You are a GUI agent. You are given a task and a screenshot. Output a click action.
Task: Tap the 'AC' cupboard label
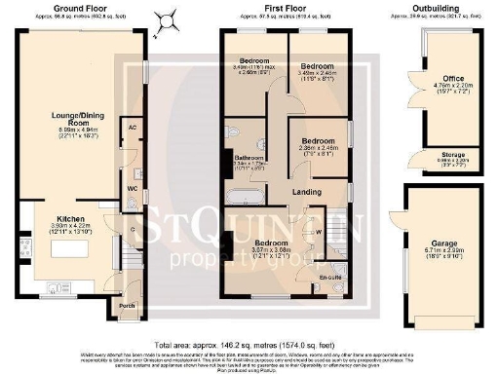tap(131, 128)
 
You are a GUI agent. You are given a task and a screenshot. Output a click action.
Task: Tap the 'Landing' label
tap(307, 193)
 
